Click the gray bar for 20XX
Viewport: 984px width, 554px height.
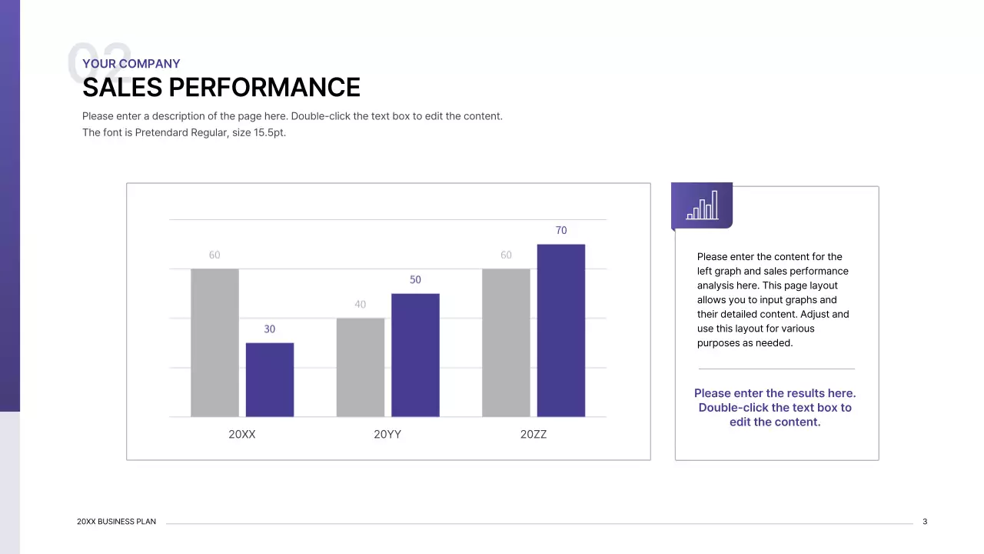pyautogui.click(x=214, y=342)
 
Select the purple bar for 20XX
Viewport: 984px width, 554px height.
pyautogui.click(x=269, y=379)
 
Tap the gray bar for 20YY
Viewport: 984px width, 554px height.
pyautogui.click(x=360, y=367)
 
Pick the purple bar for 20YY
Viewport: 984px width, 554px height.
pyautogui.click(x=415, y=355)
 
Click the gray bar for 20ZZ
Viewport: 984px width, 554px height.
pyautogui.click(x=506, y=342)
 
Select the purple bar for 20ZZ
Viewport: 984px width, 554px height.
pyautogui.click(x=560, y=330)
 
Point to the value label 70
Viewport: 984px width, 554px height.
pyautogui.click(x=560, y=230)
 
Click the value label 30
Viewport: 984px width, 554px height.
pyautogui.click(x=269, y=329)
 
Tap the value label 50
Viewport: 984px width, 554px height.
pyautogui.click(x=415, y=279)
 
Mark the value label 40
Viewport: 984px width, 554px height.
pyautogui.click(x=360, y=304)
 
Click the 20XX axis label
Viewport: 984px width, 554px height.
pyautogui.click(x=241, y=434)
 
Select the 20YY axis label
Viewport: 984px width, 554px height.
pyautogui.click(x=387, y=434)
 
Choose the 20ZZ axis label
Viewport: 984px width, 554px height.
pyautogui.click(x=534, y=434)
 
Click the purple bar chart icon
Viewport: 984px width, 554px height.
pyautogui.click(x=702, y=205)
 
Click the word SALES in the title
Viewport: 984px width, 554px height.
pyautogui.click(x=122, y=88)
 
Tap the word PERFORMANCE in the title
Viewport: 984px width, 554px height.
pyautogui.click(x=264, y=88)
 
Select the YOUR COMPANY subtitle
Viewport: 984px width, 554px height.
pyautogui.click(x=131, y=64)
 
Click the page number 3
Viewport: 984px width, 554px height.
pyautogui.click(x=925, y=522)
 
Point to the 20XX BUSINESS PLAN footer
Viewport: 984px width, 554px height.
pyautogui.click(x=116, y=522)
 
